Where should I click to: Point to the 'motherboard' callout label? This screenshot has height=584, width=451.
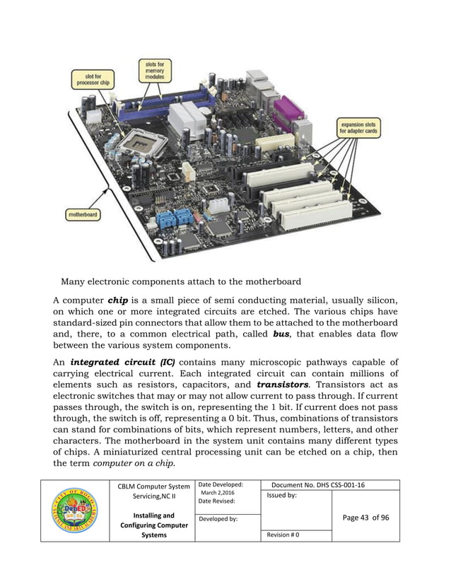83,214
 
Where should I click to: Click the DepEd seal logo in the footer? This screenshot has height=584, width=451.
75,510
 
